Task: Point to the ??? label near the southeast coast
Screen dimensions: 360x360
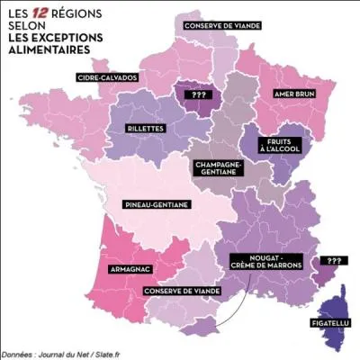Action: (x=334, y=261)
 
